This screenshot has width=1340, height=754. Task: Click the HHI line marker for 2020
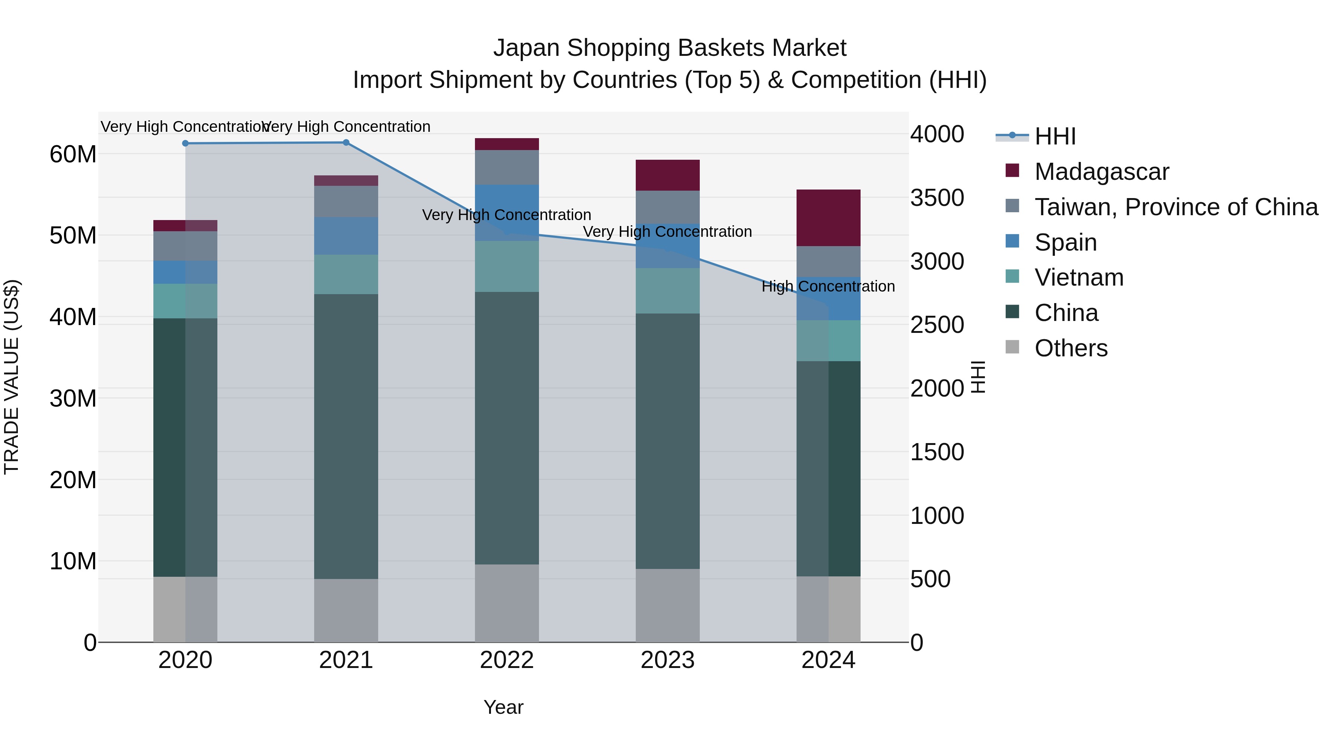pos(185,143)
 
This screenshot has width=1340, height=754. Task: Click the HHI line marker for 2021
pos(346,143)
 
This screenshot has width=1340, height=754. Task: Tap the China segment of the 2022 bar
pos(507,428)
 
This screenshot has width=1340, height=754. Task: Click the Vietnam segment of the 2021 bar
pos(346,274)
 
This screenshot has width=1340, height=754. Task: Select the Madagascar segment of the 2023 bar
pos(667,175)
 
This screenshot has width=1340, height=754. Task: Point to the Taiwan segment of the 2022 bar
pos(507,167)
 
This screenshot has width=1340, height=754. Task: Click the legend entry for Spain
pos(1065,242)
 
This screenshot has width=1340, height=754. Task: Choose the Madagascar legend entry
pos(1101,172)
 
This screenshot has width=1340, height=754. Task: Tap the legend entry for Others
pos(1071,348)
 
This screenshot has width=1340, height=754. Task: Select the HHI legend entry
pos(1055,136)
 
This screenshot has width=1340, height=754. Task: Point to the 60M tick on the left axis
pos(73,155)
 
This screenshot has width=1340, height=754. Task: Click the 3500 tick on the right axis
pos(937,198)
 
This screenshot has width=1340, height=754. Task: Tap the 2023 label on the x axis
pos(667,660)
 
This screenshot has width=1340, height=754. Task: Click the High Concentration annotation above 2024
pos(828,286)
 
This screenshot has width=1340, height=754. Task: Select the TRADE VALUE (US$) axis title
pos(12,377)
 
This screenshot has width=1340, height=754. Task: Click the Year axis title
pos(503,707)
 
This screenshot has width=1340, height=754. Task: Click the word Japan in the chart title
pos(526,48)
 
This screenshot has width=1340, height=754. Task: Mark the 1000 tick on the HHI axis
pos(937,516)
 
